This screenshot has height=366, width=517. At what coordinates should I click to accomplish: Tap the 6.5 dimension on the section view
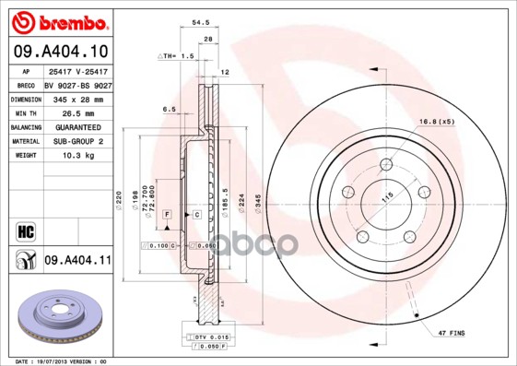click(x=170, y=109)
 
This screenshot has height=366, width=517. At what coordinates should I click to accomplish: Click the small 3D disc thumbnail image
click(x=56, y=314)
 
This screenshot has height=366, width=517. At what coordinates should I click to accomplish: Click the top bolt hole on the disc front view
click(x=387, y=169)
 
